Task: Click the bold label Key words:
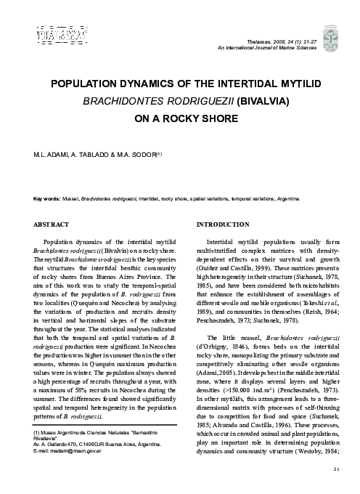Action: click(47, 197)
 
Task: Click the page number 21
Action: click(336, 469)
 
